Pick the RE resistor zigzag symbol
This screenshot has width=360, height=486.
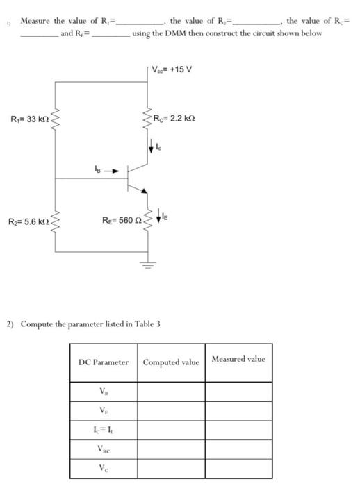[147, 221]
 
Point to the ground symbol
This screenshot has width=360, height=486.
[147, 262]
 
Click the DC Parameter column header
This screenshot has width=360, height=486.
[104, 362]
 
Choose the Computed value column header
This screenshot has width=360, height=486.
[171, 362]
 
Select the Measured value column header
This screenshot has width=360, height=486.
[238, 359]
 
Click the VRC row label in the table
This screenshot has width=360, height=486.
[104, 450]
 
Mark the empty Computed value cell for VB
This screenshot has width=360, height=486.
[171, 392]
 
